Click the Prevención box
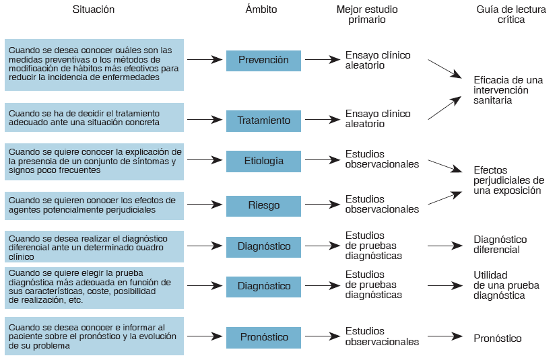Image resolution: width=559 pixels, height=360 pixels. [x=263, y=60]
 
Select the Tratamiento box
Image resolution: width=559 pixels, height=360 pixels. [x=263, y=120]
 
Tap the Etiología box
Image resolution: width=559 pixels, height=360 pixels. [x=263, y=161]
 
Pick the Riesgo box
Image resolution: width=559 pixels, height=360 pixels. [x=263, y=205]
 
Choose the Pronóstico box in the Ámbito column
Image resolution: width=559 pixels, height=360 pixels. [x=263, y=337]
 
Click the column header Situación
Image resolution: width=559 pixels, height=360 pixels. [x=94, y=9]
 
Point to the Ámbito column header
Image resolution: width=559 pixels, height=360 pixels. [x=261, y=9]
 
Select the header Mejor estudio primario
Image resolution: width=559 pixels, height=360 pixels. [x=368, y=15]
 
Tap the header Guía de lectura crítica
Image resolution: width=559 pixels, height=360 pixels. [x=500, y=15]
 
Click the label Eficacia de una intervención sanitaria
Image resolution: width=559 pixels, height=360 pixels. [x=508, y=90]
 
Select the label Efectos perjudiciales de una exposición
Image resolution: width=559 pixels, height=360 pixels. [x=508, y=180]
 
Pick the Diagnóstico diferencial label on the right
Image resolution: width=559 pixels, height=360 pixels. [x=500, y=244]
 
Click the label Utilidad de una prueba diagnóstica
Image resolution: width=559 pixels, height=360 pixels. [x=500, y=285]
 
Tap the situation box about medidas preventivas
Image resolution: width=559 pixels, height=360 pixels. [x=94, y=64]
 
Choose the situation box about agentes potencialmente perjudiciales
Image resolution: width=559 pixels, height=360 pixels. [x=94, y=205]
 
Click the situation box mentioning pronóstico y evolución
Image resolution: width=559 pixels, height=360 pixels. [x=94, y=336]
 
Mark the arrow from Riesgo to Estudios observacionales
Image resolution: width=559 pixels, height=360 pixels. [x=321, y=205]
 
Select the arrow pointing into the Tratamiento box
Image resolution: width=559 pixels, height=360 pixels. [x=205, y=120]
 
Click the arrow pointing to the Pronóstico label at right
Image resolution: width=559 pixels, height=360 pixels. [x=445, y=336]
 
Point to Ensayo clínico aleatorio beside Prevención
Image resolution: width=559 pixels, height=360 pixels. [x=378, y=61]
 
